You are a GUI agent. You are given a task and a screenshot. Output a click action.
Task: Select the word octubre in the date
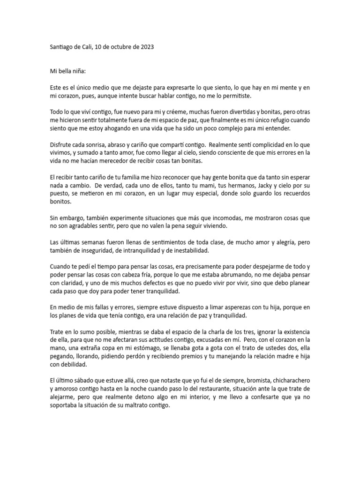[x=115, y=47]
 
